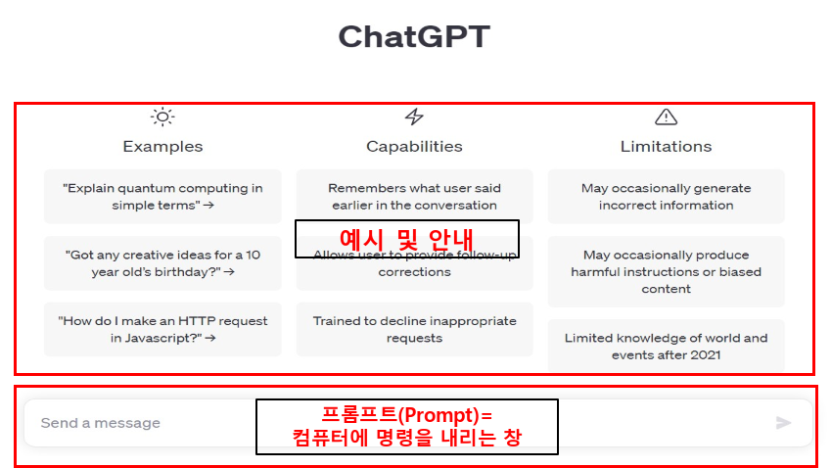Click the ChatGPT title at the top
tap(414, 37)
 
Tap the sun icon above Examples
tap(162, 117)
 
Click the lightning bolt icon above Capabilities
tap(414, 117)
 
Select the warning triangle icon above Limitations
tap(666, 117)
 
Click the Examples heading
tap(162, 147)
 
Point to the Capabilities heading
tap(414, 147)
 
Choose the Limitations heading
tap(666, 147)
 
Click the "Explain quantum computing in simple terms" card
tap(162, 197)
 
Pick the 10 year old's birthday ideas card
tap(162, 263)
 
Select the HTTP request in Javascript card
tap(162, 329)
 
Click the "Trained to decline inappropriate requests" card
tap(414, 330)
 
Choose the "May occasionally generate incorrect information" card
tap(666, 197)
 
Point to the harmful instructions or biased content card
tap(666, 271)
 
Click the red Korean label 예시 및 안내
tap(406, 238)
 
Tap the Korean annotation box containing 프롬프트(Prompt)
tap(406, 426)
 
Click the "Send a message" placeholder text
tap(100, 423)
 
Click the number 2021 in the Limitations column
tap(704, 355)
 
